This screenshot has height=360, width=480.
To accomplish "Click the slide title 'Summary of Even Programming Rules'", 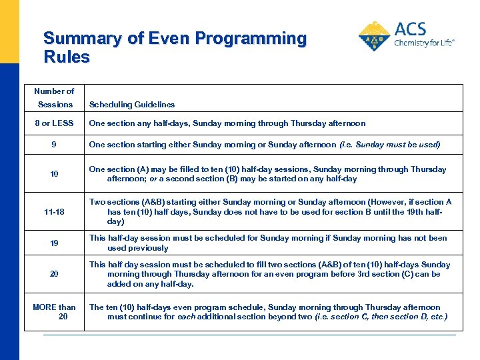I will click(x=175, y=47).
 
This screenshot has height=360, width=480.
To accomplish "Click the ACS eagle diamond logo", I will click(x=375, y=37).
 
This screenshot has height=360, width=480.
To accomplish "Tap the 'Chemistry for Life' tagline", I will click(x=424, y=43).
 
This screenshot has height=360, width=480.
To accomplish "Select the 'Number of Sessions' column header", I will click(x=55, y=97).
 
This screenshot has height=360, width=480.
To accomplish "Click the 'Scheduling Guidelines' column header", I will click(x=132, y=105).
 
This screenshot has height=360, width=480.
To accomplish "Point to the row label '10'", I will click(x=55, y=174).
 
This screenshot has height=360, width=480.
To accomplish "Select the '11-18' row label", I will click(x=55, y=212).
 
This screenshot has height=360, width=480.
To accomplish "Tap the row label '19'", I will click(x=55, y=243).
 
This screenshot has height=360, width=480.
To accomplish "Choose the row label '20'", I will click(x=55, y=274).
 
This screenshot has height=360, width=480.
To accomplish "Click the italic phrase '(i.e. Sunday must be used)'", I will click(x=390, y=145).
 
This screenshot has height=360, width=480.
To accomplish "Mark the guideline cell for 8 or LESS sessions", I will click(x=227, y=123).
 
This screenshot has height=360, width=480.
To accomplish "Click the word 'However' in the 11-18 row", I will click(x=379, y=202).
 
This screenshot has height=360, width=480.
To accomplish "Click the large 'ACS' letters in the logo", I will click(x=410, y=29).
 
